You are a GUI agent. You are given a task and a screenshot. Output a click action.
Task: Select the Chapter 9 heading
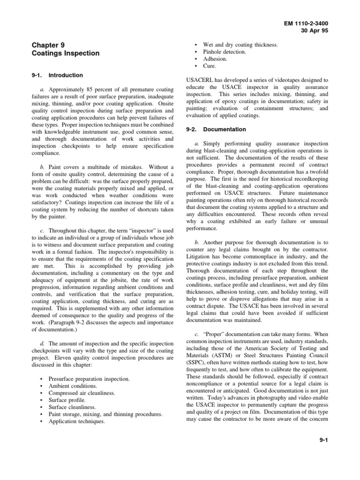pyautogui.click(x=48, y=45)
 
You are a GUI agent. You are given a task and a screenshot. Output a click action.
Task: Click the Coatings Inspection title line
pyautogui.click(x=66, y=53)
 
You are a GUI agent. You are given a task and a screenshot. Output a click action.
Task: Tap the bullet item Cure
pyautogui.click(x=209, y=67)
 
